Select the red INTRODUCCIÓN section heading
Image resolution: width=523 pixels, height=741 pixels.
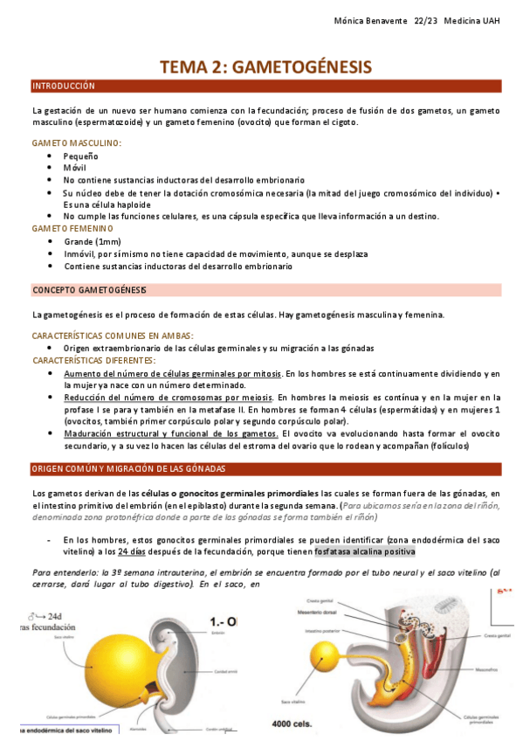[x=63, y=87]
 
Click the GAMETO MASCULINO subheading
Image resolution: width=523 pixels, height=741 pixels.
[x=77, y=142]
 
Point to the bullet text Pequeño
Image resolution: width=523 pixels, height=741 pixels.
[x=80, y=155]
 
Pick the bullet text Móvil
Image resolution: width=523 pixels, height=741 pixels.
[x=75, y=167]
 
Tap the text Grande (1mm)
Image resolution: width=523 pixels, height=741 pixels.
[x=93, y=241]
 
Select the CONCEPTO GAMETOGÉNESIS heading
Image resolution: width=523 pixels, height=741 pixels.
[x=89, y=289]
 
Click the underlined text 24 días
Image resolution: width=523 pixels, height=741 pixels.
[x=132, y=552]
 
